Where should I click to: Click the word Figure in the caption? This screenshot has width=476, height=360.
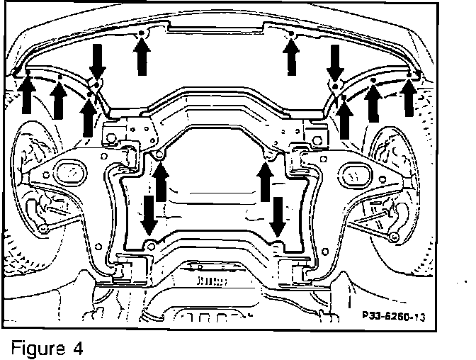pos(36,348)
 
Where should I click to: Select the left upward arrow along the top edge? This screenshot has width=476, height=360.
pos(142,55)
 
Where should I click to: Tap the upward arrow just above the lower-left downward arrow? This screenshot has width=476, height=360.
pos(161,180)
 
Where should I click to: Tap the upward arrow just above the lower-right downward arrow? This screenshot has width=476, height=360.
pos(266,180)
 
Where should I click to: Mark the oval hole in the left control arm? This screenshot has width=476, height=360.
pos(69,170)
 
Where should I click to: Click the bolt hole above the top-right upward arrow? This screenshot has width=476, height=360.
pos(290,35)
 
